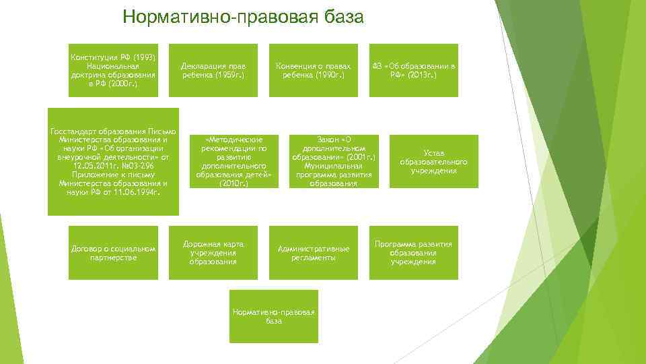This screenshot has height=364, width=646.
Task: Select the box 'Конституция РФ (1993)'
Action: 113,71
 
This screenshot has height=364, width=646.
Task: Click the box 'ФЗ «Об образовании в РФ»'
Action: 414,71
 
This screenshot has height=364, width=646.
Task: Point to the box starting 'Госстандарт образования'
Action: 113,162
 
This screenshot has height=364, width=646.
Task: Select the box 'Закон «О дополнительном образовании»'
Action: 334,162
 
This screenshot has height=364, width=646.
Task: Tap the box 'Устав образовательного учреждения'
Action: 433,162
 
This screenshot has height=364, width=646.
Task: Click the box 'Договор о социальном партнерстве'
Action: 113,253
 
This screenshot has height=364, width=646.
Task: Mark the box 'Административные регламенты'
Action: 314,253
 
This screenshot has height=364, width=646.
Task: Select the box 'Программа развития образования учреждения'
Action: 414,253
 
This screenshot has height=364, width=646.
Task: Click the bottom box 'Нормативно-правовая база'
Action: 273,316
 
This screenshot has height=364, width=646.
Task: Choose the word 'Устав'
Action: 433,153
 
